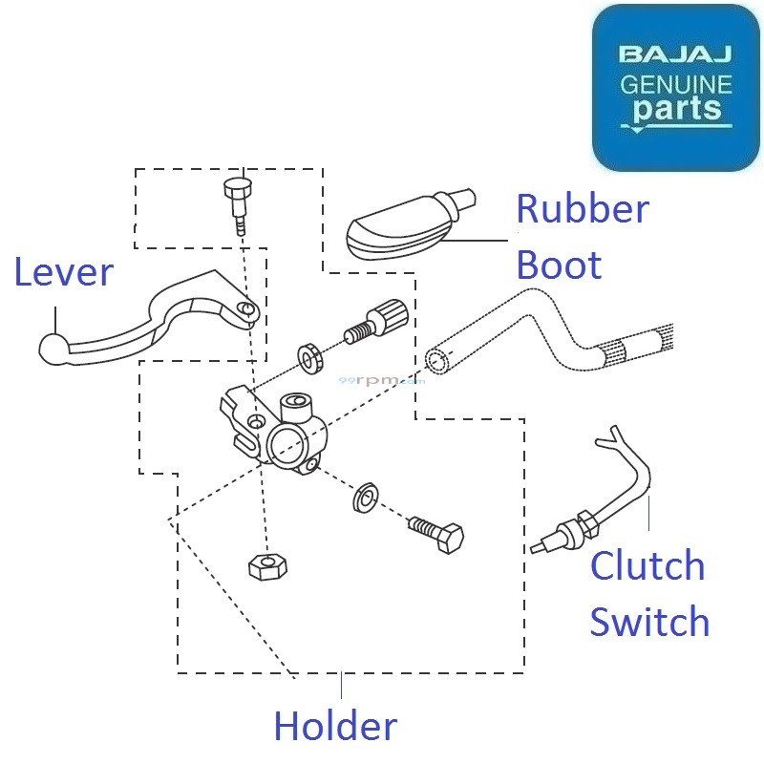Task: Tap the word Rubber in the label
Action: click(583, 209)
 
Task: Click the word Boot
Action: click(559, 265)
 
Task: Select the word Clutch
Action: click(647, 566)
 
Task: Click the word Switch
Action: click(649, 622)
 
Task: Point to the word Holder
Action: click(334, 727)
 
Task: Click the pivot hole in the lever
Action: click(247, 311)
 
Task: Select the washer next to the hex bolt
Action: click(364, 498)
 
